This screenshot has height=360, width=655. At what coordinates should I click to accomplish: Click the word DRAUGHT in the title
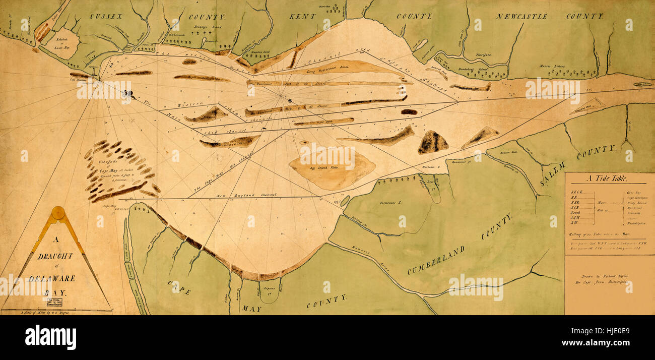point(55,256)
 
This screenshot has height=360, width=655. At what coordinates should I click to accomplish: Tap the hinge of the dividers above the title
point(58,213)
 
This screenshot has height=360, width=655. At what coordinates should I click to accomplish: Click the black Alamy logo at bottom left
point(50,337)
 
